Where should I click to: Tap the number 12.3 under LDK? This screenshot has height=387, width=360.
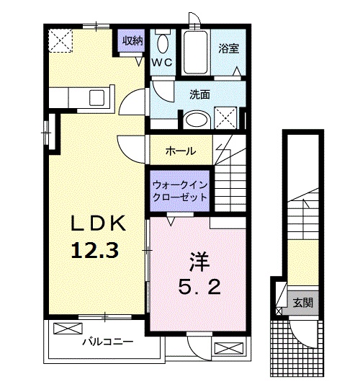pos(94,250)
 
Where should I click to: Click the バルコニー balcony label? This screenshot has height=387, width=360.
pos(107,340)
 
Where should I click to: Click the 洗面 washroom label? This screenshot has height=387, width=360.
pos(199,94)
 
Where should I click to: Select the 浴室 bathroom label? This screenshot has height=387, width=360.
pos(230,48)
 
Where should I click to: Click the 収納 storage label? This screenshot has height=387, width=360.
pos(131,40)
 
